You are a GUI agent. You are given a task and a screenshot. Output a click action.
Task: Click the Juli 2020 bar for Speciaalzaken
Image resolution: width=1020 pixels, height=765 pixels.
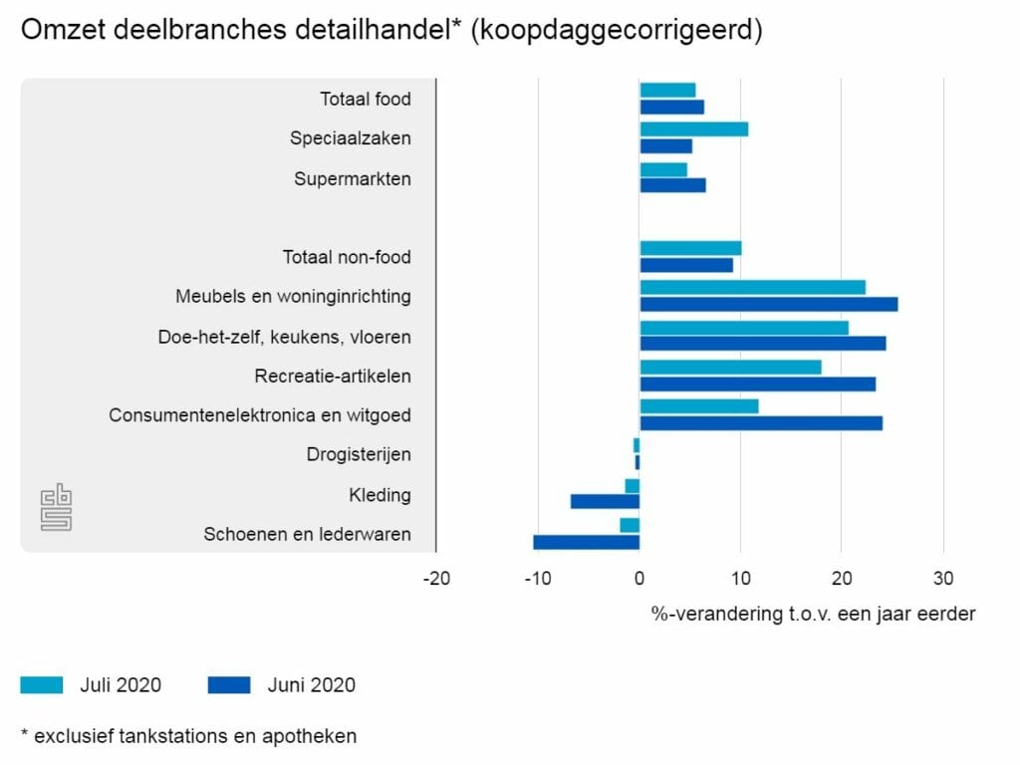point(693,129)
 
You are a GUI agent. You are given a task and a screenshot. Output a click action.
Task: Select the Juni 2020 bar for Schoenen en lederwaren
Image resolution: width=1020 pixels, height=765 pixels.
point(586,542)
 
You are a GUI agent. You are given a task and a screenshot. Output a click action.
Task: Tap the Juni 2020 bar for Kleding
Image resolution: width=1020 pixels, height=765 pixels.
point(605,502)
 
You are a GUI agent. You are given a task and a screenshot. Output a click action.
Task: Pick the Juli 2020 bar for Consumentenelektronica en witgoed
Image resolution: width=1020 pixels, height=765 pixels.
point(698,406)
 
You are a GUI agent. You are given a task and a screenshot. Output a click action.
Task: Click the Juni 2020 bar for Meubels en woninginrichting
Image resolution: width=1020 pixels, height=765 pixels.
point(768,304)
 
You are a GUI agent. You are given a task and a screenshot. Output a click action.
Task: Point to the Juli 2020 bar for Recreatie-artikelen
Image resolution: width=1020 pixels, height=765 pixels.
point(730,367)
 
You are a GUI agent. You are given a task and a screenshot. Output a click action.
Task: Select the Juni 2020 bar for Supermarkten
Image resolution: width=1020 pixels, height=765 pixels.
point(672,185)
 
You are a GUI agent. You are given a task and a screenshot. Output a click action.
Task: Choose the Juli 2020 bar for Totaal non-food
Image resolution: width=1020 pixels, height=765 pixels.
point(690,248)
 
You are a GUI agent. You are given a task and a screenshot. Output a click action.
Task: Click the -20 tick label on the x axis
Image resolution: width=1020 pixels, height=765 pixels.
point(435,579)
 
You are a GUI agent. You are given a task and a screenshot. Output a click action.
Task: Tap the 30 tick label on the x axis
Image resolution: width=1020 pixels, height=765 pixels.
point(942,579)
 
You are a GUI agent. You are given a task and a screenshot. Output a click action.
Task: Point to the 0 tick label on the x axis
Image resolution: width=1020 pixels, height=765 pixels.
point(639,579)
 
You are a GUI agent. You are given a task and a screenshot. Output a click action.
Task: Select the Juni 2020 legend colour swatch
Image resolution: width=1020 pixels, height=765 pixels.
point(229,685)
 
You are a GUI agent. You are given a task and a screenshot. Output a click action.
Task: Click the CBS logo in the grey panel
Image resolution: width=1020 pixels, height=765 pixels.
point(56,508)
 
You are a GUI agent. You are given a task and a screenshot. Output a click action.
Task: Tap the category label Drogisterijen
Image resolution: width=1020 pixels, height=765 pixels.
point(359,455)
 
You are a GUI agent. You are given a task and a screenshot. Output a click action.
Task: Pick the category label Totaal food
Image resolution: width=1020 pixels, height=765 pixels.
point(365,99)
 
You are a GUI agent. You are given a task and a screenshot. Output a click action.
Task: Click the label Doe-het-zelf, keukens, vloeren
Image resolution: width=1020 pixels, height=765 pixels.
point(284,337)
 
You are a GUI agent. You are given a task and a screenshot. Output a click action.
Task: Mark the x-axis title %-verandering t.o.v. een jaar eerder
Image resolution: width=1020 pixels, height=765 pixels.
point(813,614)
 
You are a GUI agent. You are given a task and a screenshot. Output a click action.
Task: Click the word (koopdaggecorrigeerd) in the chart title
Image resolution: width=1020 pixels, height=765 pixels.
point(617,31)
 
